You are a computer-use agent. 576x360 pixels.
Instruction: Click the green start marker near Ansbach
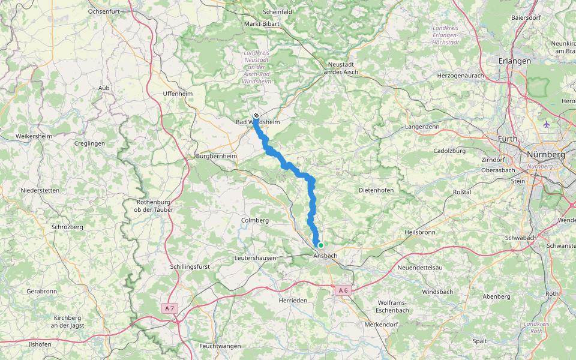click(x=321, y=245)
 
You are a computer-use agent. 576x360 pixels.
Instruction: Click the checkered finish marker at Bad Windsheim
click(x=256, y=115)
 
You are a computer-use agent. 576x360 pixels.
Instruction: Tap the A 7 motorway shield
click(x=170, y=308)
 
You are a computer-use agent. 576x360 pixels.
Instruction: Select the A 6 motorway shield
click(x=343, y=290)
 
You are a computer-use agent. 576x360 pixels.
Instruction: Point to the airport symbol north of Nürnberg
click(x=545, y=124)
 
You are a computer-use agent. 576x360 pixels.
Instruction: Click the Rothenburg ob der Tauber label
click(x=154, y=206)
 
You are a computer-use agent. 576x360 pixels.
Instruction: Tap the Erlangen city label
click(x=515, y=61)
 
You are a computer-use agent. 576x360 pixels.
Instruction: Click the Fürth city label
click(x=508, y=139)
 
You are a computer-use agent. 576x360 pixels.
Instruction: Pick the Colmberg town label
click(x=254, y=220)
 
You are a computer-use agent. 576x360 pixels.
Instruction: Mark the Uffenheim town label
click(x=178, y=94)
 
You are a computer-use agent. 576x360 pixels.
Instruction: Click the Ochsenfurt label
click(x=107, y=11)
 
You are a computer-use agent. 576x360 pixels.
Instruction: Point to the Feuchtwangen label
click(x=220, y=346)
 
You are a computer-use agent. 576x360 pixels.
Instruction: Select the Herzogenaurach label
click(x=461, y=76)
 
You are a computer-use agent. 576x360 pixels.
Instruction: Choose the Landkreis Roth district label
click(x=532, y=327)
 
